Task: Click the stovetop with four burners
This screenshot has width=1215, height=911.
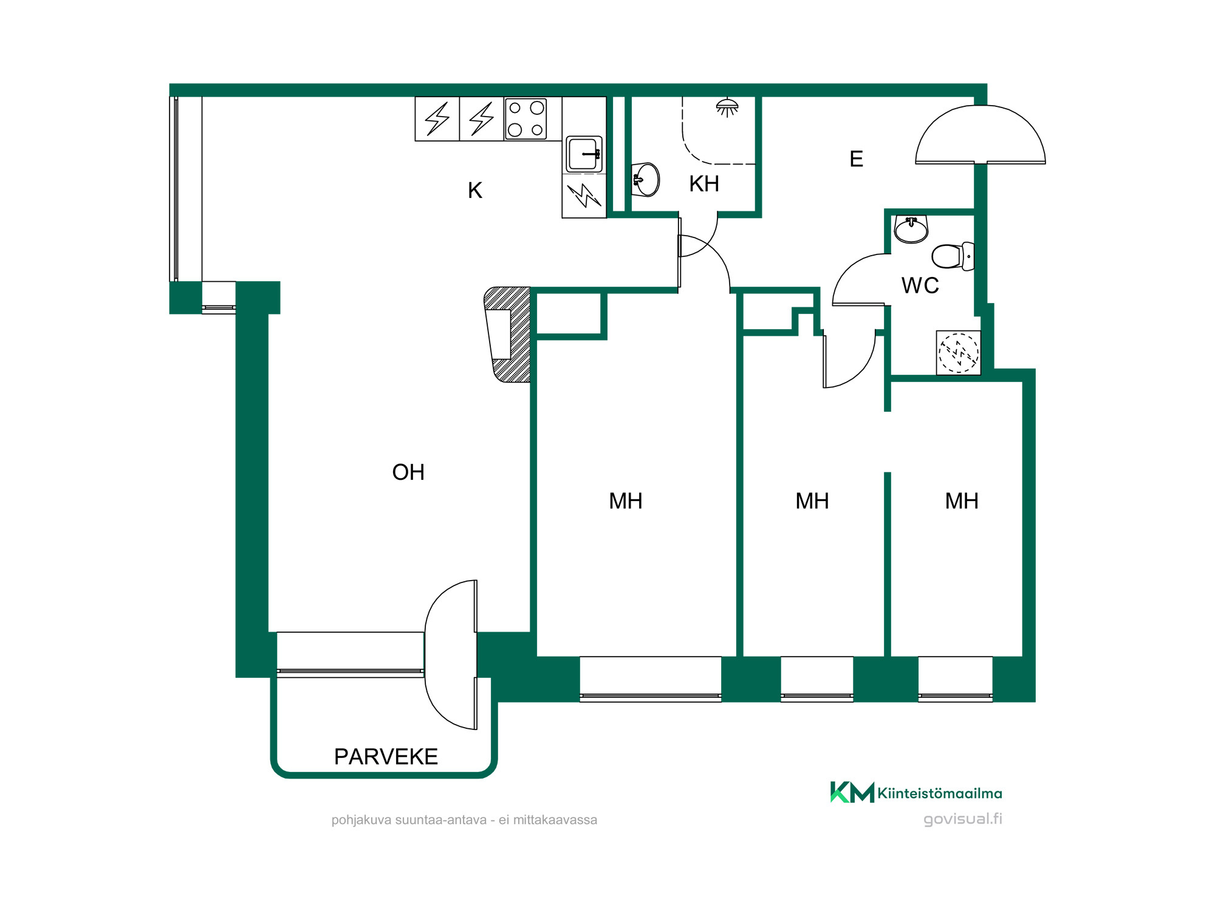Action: pyautogui.click(x=525, y=119)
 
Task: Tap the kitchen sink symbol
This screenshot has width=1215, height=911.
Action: pyautogui.click(x=584, y=154)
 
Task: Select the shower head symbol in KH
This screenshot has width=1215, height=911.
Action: pyautogui.click(x=727, y=107)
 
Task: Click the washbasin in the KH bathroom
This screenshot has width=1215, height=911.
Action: pyautogui.click(x=645, y=180)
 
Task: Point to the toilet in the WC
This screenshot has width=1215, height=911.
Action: pyautogui.click(x=953, y=256)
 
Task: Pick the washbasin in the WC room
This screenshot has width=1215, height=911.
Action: pyautogui.click(x=911, y=230)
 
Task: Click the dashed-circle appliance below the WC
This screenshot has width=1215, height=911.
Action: pyautogui.click(x=959, y=353)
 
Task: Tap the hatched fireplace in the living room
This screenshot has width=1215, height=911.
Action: pyautogui.click(x=508, y=335)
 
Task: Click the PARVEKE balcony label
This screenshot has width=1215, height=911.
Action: pyautogui.click(x=386, y=757)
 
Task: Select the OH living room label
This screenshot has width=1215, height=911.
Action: pyautogui.click(x=408, y=473)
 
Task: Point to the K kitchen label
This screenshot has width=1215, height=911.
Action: pyautogui.click(x=475, y=191)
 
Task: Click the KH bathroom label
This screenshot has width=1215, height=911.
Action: pyautogui.click(x=704, y=184)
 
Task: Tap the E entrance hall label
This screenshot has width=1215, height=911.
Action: pyautogui.click(x=857, y=159)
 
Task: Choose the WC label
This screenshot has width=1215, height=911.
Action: pyautogui.click(x=920, y=285)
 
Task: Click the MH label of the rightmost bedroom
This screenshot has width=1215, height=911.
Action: pyautogui.click(x=962, y=501)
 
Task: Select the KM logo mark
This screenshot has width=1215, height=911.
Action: pyautogui.click(x=852, y=792)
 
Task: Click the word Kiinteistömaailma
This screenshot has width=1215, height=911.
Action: pyautogui.click(x=940, y=793)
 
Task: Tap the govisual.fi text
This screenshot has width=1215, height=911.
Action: pyautogui.click(x=963, y=819)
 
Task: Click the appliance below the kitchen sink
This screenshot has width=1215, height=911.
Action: pyautogui.click(x=584, y=196)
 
